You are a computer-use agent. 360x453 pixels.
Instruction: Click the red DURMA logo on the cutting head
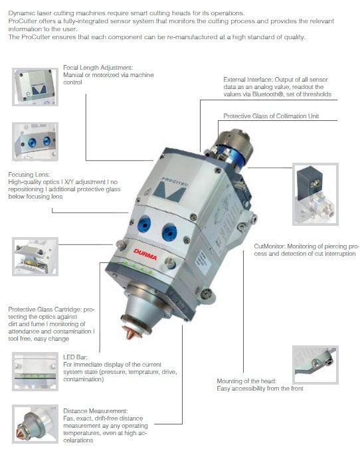145,254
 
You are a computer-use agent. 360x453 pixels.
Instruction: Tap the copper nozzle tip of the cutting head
131,331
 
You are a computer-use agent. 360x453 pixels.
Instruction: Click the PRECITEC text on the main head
174,182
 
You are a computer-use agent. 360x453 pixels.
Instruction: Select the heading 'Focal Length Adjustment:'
98,68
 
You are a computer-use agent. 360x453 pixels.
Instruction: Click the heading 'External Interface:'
248,80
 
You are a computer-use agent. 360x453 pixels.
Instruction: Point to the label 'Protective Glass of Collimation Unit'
271,116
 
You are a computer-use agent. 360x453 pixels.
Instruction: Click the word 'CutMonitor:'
270,246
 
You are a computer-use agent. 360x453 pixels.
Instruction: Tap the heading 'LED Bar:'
75,357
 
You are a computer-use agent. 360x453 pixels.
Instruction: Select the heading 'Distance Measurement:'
96,410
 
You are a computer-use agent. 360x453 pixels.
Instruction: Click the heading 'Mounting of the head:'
246,381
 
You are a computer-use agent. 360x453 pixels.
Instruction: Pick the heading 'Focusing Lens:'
29,175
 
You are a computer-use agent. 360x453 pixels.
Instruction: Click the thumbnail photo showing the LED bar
35,371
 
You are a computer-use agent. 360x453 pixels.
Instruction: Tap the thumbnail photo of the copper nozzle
35,424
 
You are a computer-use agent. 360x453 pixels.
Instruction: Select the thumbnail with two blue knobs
35,141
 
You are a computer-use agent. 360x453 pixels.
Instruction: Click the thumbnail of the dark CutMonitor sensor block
315,194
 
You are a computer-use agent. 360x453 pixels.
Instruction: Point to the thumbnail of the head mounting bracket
315,365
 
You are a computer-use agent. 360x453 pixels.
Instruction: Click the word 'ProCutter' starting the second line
22,21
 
